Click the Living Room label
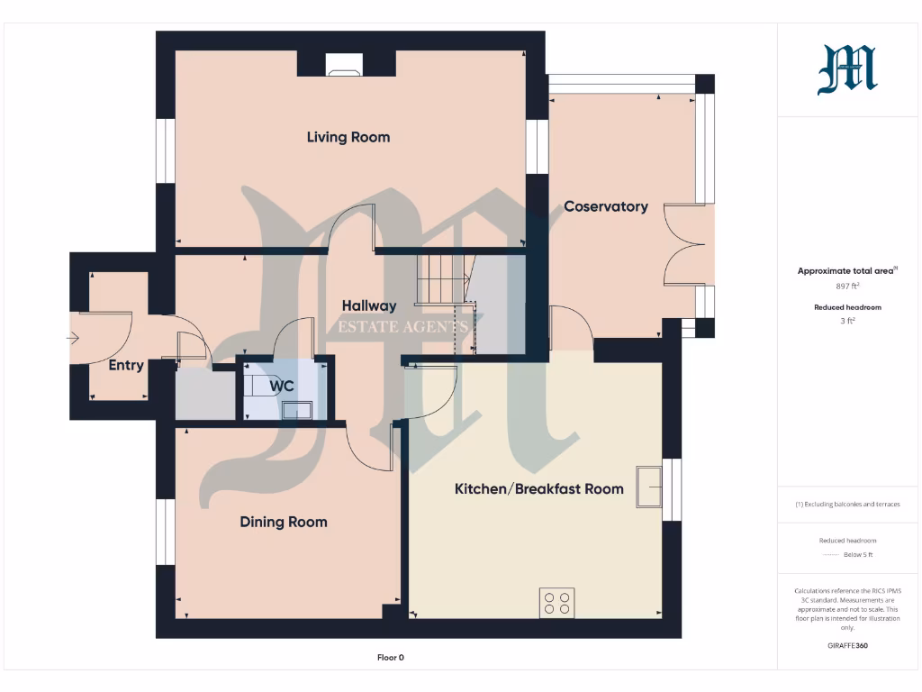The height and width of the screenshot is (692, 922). pyautogui.click(x=348, y=137)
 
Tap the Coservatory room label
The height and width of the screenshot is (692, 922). pyautogui.click(x=605, y=206)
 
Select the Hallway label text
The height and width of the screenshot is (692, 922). pyautogui.click(x=368, y=305)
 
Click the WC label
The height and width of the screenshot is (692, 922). pyautogui.click(x=282, y=386)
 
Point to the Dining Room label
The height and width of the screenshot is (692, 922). pyautogui.click(x=283, y=522)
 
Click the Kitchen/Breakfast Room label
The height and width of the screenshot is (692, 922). pyautogui.click(x=538, y=488)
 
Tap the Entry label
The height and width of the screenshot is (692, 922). pyautogui.click(x=126, y=365)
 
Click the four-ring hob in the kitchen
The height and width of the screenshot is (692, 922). pyautogui.click(x=556, y=602)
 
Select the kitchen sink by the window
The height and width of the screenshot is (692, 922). pyautogui.click(x=648, y=487)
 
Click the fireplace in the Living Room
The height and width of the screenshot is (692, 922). pyautogui.click(x=346, y=64)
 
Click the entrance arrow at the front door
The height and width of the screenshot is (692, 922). pyautogui.click(x=72, y=339)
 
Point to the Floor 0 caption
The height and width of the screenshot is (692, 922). pyautogui.click(x=390, y=658)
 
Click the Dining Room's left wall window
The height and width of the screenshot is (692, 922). pyautogui.click(x=165, y=532)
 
